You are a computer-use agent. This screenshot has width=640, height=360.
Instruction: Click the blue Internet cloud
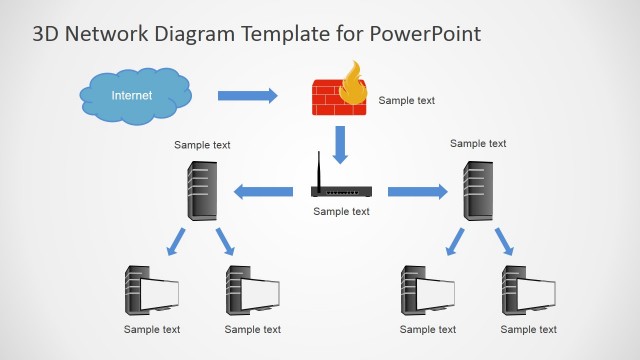[134, 96]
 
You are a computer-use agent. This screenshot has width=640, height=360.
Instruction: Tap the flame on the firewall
[353, 85]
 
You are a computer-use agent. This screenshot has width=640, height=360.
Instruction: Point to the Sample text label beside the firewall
[406, 100]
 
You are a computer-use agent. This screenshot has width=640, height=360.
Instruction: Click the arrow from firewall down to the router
[340, 143]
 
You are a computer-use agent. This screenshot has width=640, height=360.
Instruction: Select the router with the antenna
[340, 189]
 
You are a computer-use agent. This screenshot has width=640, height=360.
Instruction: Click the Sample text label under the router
[341, 211]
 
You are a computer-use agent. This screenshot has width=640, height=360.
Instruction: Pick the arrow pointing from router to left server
[263, 191]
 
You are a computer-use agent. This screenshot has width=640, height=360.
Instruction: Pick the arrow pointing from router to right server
[417, 191]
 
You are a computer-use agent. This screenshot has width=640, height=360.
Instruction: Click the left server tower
[203, 190]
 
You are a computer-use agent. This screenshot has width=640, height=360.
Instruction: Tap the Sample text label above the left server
[202, 145]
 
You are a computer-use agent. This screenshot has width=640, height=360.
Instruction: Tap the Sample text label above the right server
[478, 144]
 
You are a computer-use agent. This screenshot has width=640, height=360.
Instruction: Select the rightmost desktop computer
[528, 291]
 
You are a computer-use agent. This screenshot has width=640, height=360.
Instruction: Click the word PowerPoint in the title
[426, 34]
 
